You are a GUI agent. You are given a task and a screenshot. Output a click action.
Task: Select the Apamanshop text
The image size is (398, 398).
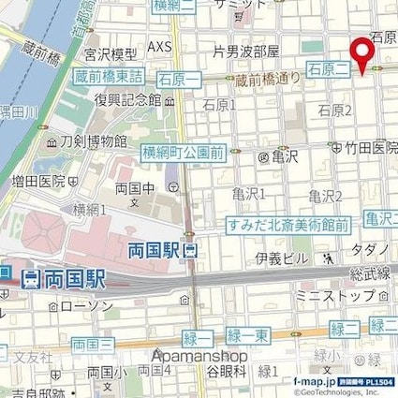coord(200,356)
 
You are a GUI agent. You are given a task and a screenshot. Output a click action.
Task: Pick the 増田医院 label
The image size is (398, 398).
coord(39,180)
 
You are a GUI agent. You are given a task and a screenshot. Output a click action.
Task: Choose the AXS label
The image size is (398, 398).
coord(160,46)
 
